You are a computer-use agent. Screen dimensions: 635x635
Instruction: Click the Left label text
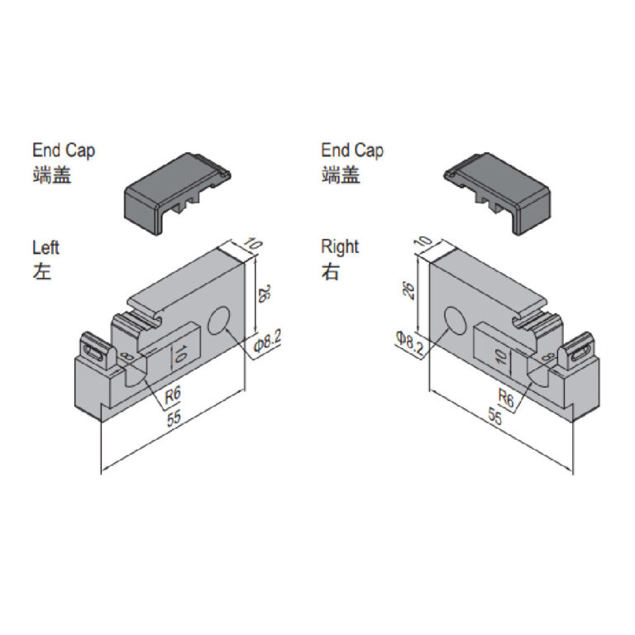coord(45,247)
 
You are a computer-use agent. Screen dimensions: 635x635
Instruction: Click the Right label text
coord(340,247)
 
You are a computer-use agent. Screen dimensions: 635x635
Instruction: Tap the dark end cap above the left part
coord(178,193)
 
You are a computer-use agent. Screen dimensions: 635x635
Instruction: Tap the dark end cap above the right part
coord(497,193)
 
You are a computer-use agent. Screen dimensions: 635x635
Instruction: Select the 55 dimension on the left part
coord(174,418)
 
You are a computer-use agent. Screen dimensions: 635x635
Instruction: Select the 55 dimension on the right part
coord(495,417)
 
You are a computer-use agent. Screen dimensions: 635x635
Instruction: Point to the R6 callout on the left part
coord(173,395)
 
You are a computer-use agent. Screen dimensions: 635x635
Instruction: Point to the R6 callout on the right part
coord(506,398)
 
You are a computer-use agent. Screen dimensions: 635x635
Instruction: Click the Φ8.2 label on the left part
coord(267,341)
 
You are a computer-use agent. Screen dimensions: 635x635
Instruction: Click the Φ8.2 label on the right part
coord(409,342)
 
